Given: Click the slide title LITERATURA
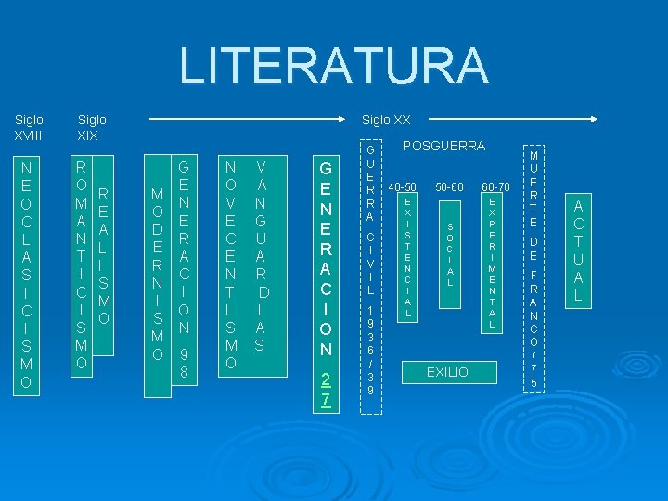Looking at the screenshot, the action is pyautogui.click(x=333, y=66).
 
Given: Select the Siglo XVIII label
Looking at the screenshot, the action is pyautogui.click(x=29, y=127).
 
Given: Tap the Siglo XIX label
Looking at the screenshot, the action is pyautogui.click(x=92, y=127).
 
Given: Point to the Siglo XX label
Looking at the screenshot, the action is pyautogui.click(x=386, y=120).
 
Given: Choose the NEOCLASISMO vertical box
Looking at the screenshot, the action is pyautogui.click(x=28, y=275).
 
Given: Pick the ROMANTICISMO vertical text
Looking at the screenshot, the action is pyautogui.click(x=82, y=265).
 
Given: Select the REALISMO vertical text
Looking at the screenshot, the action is pyautogui.click(x=104, y=256).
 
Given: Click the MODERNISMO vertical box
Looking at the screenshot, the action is pyautogui.click(x=157, y=275).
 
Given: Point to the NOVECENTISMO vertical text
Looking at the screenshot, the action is pyautogui.click(x=231, y=265).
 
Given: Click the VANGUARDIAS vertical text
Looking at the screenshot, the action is pyautogui.click(x=261, y=256).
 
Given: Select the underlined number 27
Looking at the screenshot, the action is pyautogui.click(x=326, y=388).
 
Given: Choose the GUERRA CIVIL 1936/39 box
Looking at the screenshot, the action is pyautogui.click(x=370, y=269).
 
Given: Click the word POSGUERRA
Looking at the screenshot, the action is pyautogui.click(x=443, y=147).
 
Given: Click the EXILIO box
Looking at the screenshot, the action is pyautogui.click(x=447, y=372).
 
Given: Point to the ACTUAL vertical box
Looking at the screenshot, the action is pyautogui.click(x=577, y=251).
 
